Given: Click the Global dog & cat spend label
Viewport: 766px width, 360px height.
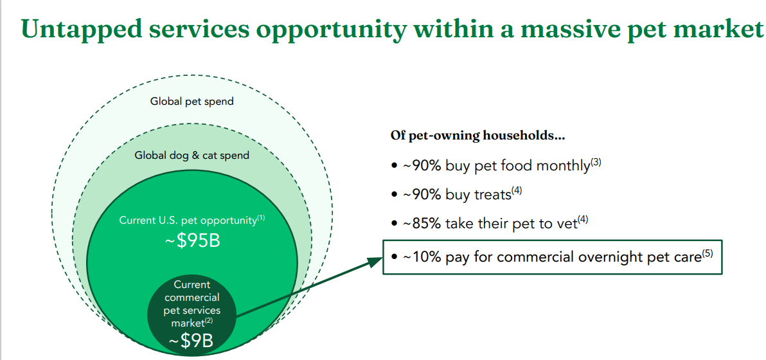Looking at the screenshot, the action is (192, 156).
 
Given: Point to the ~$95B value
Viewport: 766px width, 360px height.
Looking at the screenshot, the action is (192, 240).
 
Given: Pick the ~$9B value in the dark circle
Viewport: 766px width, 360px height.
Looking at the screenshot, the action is (191, 341).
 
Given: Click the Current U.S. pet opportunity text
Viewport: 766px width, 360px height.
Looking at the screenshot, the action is (188, 221).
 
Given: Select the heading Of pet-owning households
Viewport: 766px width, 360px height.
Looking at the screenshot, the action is (477, 135).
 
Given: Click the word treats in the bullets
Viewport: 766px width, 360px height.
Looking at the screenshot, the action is (492, 195).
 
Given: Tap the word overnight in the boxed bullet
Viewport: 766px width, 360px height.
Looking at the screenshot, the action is (616, 257).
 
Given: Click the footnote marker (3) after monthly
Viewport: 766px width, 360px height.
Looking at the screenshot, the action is (596, 163).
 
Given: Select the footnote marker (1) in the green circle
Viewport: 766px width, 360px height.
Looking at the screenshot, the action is (261, 218).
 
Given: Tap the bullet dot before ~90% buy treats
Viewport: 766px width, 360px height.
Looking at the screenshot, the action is (394, 195).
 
